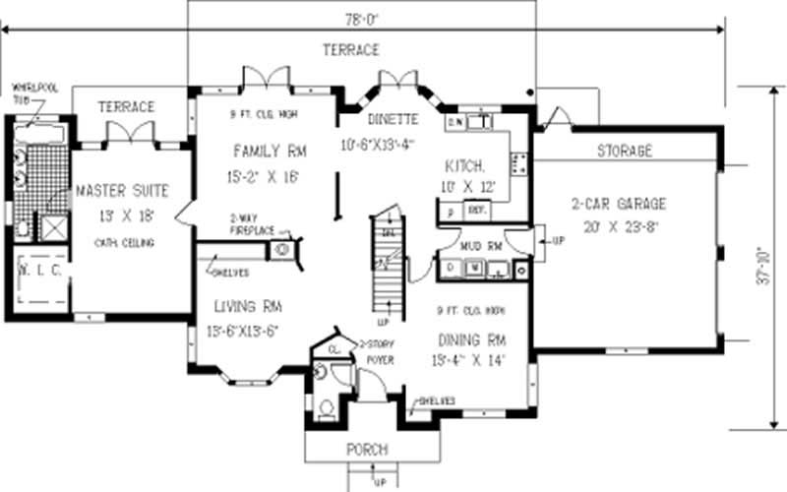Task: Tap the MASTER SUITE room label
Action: (121, 190)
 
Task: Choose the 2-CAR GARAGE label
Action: (619, 204)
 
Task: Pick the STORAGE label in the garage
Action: (625, 152)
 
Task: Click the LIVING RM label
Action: (245, 307)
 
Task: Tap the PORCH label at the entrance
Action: (367, 450)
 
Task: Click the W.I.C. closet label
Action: (39, 268)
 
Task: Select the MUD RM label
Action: (482, 244)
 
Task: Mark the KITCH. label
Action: (462, 164)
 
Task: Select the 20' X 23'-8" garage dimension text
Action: (619, 224)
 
